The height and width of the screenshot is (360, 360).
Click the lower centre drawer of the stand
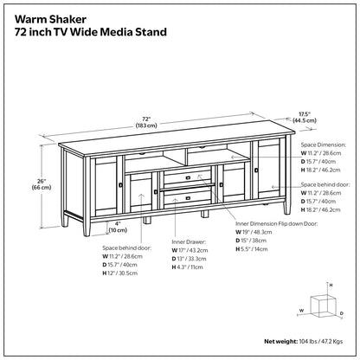(188, 198)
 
